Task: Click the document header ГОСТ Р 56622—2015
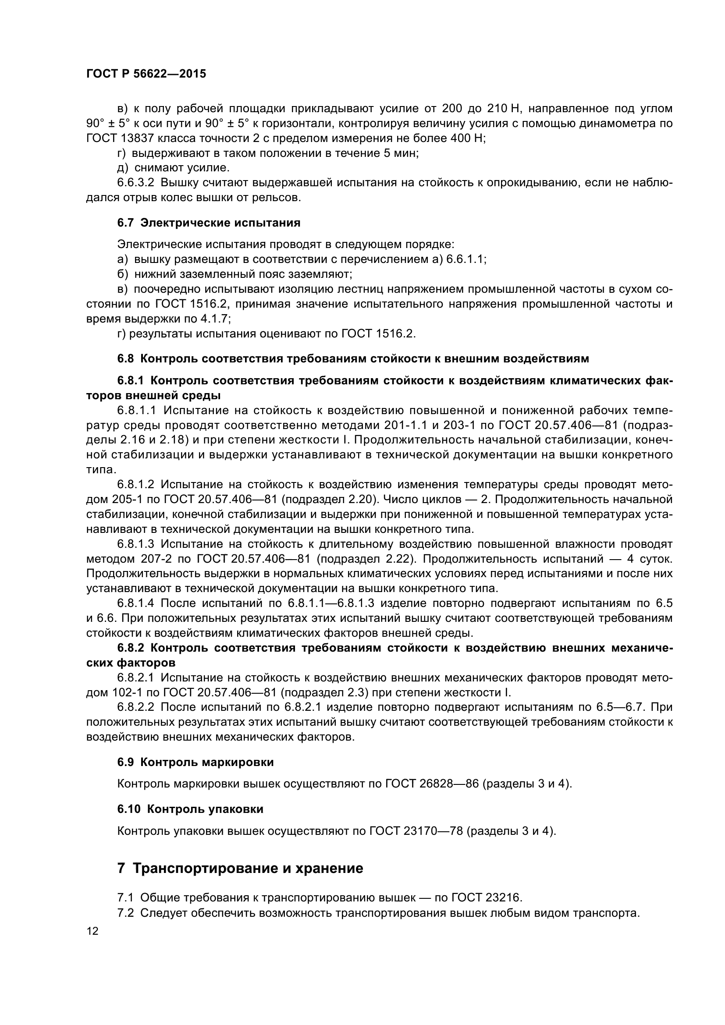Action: pyautogui.click(x=146, y=74)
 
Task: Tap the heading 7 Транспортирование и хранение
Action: pyautogui.click(x=240, y=868)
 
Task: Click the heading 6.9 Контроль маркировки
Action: pyautogui.click(x=195, y=762)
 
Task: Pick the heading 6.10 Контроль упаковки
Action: pyautogui.click(x=190, y=809)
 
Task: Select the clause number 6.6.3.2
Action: pyautogui.click(x=135, y=183)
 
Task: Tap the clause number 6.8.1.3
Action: pyautogui.click(x=135, y=544)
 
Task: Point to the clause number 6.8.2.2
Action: pyautogui.click(x=135, y=707)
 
